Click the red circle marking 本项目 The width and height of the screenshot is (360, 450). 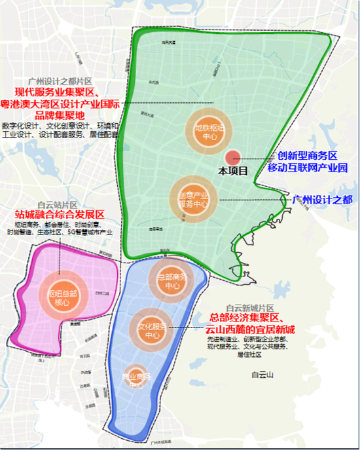click(x=233, y=158)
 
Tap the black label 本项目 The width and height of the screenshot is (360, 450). click(x=233, y=172)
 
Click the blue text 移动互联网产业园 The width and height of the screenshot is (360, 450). click(x=305, y=169)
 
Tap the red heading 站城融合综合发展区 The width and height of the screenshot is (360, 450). click(x=60, y=215)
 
